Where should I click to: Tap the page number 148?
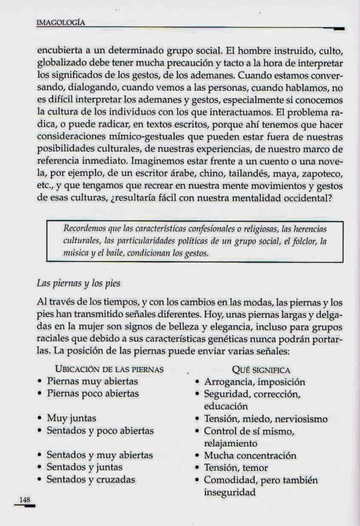coord(25,500)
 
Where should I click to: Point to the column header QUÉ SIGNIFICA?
coord(261,370)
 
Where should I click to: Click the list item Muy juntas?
coord(71,419)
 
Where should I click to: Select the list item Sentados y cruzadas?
coord(91,480)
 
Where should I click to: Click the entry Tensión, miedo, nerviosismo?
coord(266,419)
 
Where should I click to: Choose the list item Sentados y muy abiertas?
coord(99,455)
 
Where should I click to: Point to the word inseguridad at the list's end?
coord(230,492)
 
